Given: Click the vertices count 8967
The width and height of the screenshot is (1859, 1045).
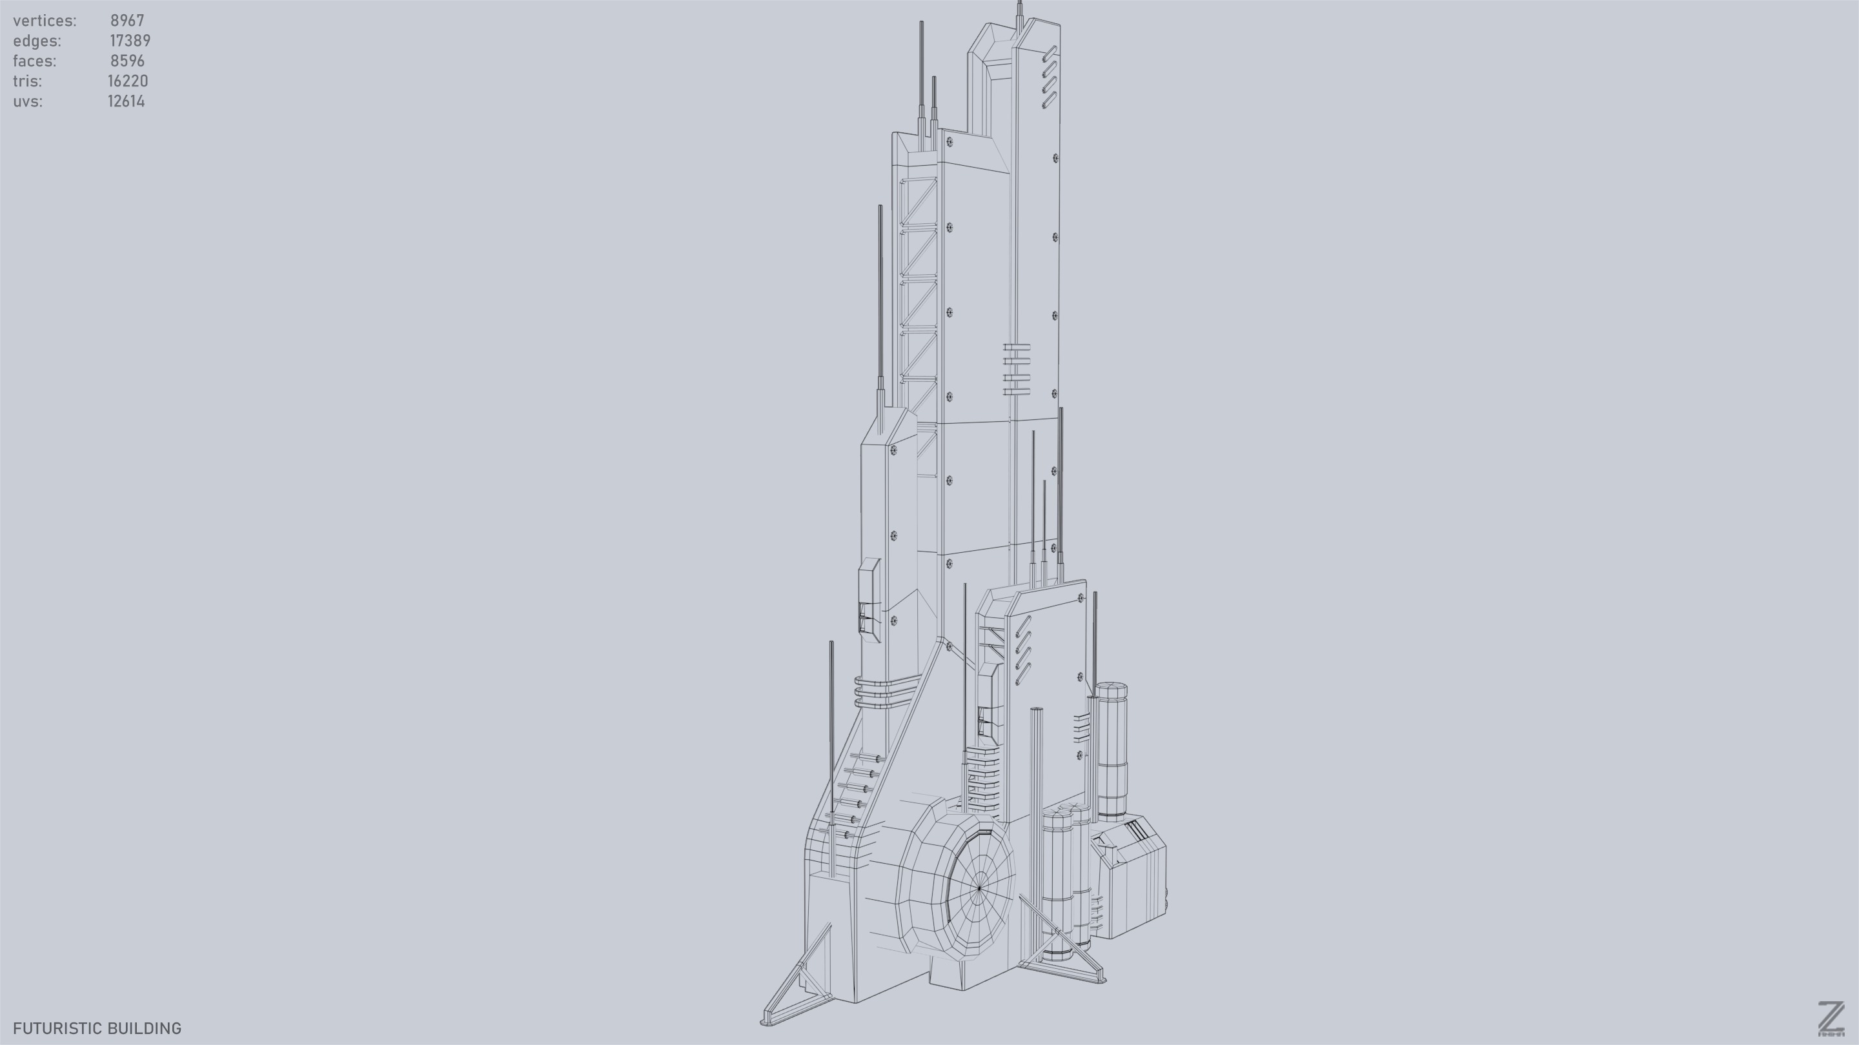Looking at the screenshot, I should [x=127, y=21].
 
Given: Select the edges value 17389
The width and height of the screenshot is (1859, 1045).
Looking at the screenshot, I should [x=130, y=41].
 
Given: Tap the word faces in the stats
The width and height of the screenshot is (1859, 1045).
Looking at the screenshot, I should [x=34, y=61].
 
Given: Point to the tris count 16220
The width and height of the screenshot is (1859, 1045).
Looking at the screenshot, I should [x=128, y=81].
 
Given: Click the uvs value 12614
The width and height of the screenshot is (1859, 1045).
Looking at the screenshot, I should [x=127, y=102].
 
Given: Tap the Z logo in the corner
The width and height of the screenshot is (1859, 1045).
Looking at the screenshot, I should [x=1830, y=1019].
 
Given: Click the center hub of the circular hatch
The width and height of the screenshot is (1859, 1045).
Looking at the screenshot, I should [x=979, y=888].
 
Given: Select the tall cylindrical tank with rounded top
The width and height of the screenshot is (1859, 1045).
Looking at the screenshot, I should [x=1112, y=750].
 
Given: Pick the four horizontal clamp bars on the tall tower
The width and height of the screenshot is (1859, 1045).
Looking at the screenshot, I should [x=1016, y=369].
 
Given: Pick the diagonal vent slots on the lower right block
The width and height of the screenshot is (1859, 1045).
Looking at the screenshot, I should [x=1022, y=649].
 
